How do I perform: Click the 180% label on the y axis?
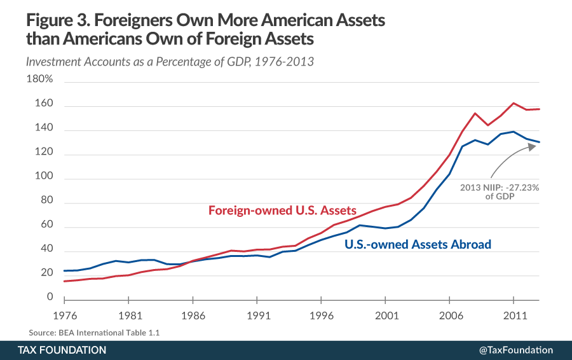[39, 80]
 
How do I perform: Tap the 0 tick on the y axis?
[49, 296]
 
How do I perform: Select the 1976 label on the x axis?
[64, 314]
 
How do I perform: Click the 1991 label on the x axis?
[256, 314]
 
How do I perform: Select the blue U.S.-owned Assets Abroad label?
[418, 244]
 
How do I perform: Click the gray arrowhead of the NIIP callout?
[531, 146]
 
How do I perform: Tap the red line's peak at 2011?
[514, 103]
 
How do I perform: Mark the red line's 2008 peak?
[475, 113]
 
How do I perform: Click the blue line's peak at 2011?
[514, 132]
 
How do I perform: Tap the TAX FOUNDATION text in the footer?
[62, 350]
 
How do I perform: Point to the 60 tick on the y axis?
[45, 228]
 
